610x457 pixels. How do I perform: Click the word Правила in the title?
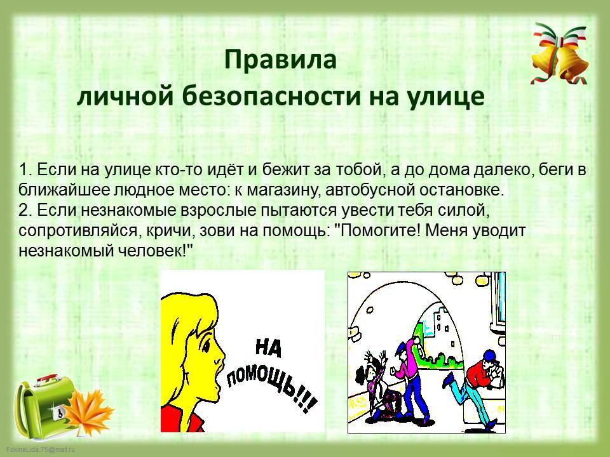280,60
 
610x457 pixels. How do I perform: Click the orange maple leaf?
89,413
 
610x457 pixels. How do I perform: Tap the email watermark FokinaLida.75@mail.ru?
41,449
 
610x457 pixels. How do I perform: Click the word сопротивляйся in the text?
78,231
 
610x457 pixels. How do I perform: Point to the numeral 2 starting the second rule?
23,210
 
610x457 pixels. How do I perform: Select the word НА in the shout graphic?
268,347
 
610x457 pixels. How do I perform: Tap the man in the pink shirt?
408,377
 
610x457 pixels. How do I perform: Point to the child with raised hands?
376,385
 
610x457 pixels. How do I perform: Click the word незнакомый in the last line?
65,251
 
